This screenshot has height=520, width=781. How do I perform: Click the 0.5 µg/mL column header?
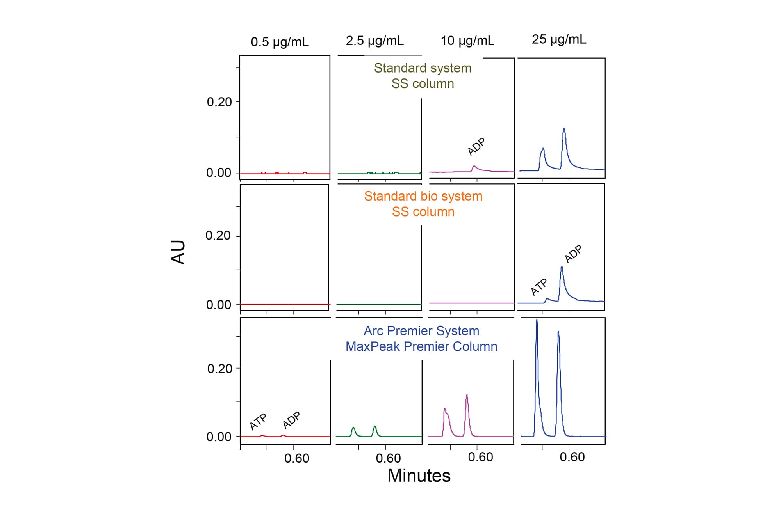280,42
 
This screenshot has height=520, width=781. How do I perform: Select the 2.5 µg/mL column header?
374,41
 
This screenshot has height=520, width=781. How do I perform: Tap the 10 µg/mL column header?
467,41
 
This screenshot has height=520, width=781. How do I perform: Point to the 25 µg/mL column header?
559,39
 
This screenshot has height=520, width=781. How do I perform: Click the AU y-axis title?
178,252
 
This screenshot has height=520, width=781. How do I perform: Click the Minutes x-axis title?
419,476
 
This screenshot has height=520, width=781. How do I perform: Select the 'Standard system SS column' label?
423,76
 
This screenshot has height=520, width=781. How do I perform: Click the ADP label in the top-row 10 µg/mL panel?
476,147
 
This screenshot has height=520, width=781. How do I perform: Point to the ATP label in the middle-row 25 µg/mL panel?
539,287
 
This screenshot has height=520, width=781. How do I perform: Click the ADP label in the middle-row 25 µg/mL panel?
573,254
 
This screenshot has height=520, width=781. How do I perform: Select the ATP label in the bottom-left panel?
258,421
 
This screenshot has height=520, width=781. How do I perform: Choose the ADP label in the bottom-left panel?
291,420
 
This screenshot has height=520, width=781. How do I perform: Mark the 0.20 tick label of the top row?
219,102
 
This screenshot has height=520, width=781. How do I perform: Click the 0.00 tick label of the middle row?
218,305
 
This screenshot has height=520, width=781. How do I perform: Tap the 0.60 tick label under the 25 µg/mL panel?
572,457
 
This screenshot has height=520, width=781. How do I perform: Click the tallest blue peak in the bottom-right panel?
537,321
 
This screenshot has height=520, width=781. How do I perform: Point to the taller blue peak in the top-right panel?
564,129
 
